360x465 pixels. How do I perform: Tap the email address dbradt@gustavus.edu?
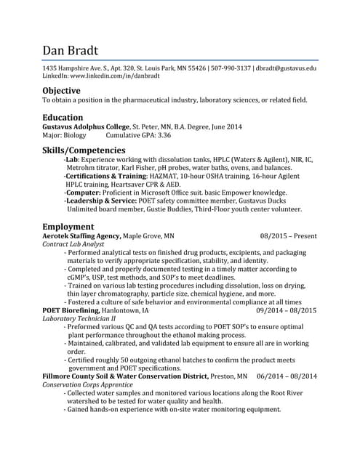[287, 68]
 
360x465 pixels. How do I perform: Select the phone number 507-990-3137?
[231, 68]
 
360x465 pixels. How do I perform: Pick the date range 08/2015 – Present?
[288, 236]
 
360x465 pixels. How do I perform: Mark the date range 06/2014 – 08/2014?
[287, 376]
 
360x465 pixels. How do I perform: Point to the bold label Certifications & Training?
[106, 176]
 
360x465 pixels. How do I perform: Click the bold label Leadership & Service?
[100, 201]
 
